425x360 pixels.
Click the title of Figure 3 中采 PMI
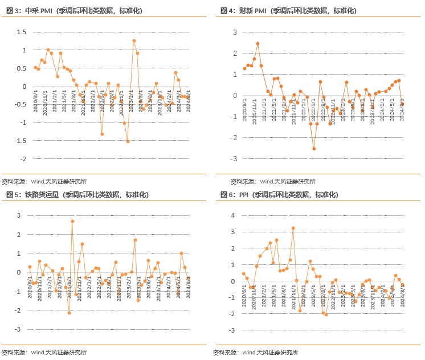[x=77, y=10]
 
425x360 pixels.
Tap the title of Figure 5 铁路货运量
[x=77, y=195]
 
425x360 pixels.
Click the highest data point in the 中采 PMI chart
[x=134, y=40]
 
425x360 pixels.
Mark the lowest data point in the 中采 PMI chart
[x=128, y=141]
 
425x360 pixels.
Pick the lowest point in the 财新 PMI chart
[x=314, y=149]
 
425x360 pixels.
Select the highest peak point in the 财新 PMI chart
[x=258, y=43]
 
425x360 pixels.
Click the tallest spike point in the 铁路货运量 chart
[x=72, y=221]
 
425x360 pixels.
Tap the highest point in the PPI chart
[x=293, y=228]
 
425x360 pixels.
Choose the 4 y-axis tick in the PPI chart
[x=232, y=215]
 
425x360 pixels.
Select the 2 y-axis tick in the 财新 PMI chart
[x=234, y=53]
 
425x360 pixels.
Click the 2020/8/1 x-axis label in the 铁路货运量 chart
[x=30, y=285]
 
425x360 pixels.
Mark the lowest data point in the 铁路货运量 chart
[x=69, y=313]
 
